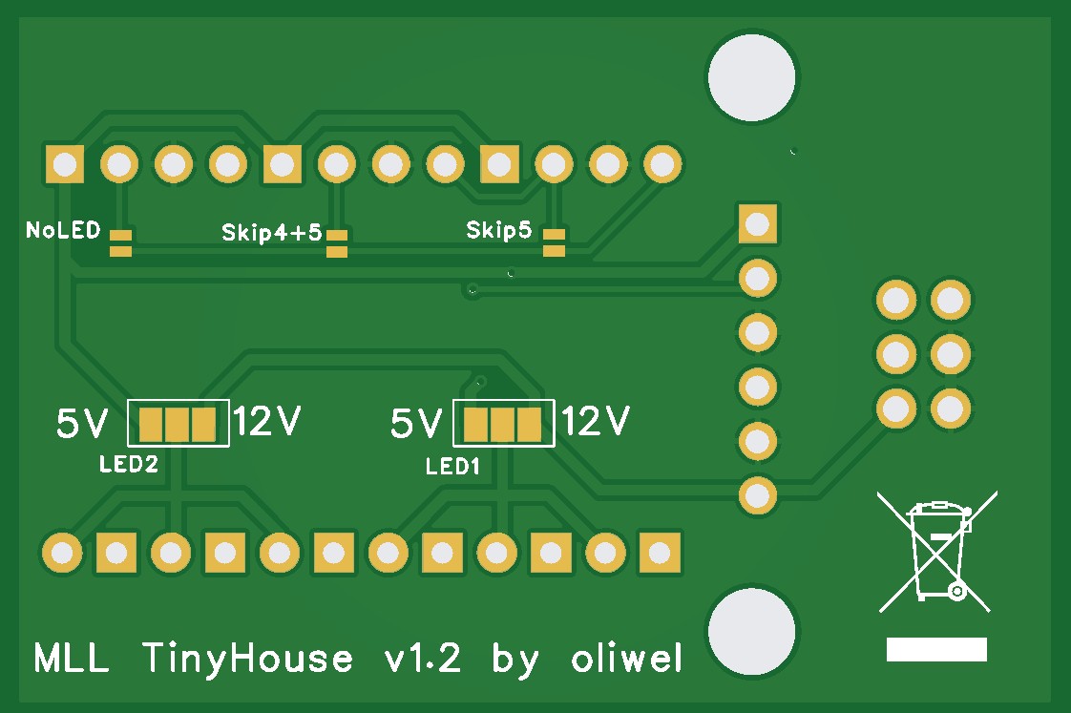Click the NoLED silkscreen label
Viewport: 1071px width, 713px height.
(63, 230)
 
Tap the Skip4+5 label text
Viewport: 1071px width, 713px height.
(271, 232)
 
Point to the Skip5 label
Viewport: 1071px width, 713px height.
(499, 230)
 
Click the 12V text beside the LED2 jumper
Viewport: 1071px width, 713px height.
(268, 421)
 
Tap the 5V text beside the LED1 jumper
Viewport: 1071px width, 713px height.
(416, 423)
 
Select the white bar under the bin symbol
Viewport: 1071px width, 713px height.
(936, 650)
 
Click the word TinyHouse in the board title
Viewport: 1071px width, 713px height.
(248, 659)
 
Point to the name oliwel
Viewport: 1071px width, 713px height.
(626, 659)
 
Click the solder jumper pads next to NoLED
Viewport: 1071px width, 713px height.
(120, 243)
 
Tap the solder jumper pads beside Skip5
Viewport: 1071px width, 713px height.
(554, 242)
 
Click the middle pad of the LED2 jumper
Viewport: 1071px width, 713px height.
(178, 423)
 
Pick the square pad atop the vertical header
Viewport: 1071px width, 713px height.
(758, 225)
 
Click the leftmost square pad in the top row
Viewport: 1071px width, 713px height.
(65, 164)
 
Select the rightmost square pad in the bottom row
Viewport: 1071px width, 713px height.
(659, 552)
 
